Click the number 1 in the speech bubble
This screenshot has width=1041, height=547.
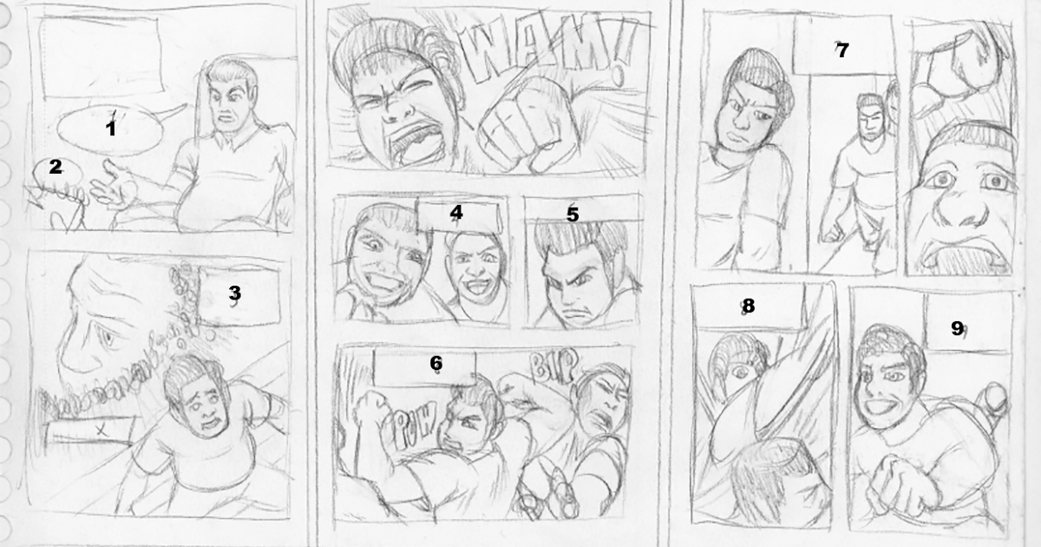110,129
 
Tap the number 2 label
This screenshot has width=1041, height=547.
56,168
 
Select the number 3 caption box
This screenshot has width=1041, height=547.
233,294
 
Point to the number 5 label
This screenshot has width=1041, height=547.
572,214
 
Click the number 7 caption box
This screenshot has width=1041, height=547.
840,49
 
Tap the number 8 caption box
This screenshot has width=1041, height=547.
748,306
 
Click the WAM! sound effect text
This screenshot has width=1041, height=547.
547,54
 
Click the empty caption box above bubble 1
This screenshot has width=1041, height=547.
99,57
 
